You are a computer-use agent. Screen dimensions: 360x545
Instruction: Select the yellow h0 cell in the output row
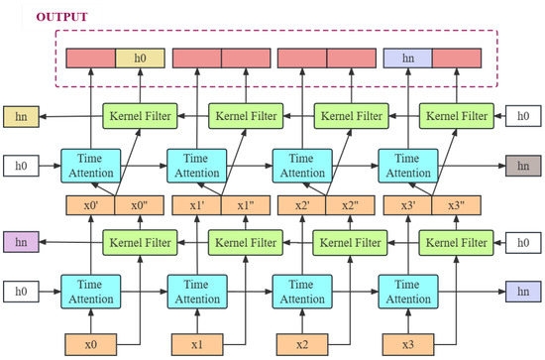click(141, 59)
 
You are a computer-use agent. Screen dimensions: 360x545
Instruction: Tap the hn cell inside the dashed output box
click(407, 59)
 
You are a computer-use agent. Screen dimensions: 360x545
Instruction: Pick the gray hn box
click(524, 165)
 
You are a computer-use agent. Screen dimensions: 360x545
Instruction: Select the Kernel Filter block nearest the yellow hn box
click(140, 116)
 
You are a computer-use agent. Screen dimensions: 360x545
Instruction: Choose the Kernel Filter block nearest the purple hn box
click(140, 241)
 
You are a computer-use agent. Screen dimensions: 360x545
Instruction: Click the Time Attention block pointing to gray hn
click(407, 165)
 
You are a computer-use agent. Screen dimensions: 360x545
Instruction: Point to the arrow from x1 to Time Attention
click(197, 319)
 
